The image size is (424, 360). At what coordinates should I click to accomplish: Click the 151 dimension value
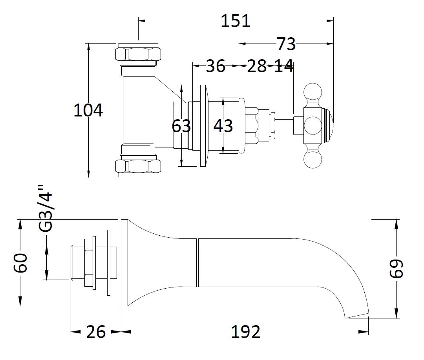point(235,21)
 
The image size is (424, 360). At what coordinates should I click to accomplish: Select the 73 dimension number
point(286,44)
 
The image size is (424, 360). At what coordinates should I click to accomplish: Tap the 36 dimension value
point(216,66)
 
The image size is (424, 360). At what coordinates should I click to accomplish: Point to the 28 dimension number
point(257,66)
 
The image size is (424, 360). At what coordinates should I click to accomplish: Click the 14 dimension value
point(283,66)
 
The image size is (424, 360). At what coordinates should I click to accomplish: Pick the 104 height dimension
point(88,111)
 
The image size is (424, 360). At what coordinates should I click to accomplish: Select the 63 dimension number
point(181,126)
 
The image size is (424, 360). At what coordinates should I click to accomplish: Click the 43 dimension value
point(223,126)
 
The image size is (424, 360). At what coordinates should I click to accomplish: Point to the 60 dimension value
point(20,263)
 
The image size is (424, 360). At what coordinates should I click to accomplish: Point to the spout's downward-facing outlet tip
point(357,314)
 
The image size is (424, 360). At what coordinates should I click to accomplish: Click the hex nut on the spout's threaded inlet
point(90,262)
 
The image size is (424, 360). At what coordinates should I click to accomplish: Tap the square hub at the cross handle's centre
point(313,125)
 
